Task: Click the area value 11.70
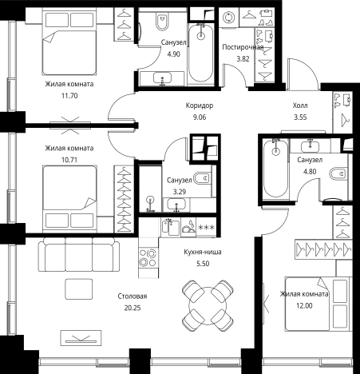pyautogui.click(x=69, y=96)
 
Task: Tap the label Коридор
pyautogui.click(x=200, y=105)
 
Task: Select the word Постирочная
pyautogui.click(x=243, y=47)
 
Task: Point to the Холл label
pyautogui.click(x=300, y=105)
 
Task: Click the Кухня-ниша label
pyautogui.click(x=203, y=252)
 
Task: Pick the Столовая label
pyautogui.click(x=133, y=296)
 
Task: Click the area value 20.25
pyautogui.click(x=133, y=308)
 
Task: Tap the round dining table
pyautogui.click(x=208, y=305)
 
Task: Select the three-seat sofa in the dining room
pyautogui.click(x=79, y=254)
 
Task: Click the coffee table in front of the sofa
pyautogui.click(x=79, y=288)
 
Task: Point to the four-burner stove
pyautogui.click(x=148, y=257)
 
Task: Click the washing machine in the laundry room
pyautogui.click(x=229, y=18)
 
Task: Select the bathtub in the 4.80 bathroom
pyautogui.click(x=275, y=169)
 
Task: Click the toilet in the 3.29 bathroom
pyautogui.click(x=203, y=178)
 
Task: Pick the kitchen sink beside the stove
pyautogui.click(x=171, y=227)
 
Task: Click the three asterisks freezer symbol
pyautogui.click(x=206, y=228)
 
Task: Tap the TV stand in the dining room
pyautogui.click(x=81, y=338)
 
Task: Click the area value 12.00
pyautogui.click(x=304, y=306)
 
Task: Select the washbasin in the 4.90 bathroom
pyautogui.click(x=162, y=78)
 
